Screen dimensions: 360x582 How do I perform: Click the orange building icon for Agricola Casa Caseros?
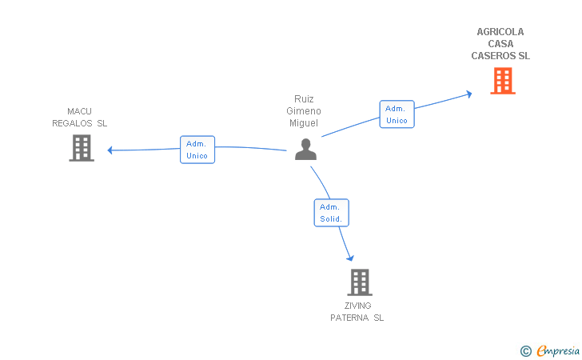[502, 81]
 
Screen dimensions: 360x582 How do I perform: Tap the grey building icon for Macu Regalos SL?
[81, 148]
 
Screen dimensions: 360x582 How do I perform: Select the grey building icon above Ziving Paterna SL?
[360, 282]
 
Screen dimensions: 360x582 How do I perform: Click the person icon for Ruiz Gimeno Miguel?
[305, 149]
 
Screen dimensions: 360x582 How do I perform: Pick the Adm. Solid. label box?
[331, 213]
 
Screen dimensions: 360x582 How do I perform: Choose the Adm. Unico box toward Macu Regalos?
[197, 150]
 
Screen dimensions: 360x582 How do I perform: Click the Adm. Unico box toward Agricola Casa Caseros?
[397, 114]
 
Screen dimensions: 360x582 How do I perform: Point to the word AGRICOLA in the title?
[500, 32]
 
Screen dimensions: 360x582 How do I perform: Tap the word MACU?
[80, 111]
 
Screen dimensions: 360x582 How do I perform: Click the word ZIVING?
[357, 306]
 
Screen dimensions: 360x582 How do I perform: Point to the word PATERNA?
[349, 318]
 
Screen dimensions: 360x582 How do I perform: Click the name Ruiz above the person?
[304, 99]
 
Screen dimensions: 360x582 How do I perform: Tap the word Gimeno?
[304, 111]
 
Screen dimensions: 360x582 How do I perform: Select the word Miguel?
[304, 123]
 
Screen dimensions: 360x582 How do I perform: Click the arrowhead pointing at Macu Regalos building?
[111, 150]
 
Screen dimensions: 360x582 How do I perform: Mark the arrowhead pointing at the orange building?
[468, 94]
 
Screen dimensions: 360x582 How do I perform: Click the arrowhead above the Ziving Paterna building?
[349, 258]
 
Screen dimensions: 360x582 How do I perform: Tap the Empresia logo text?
[558, 350]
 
